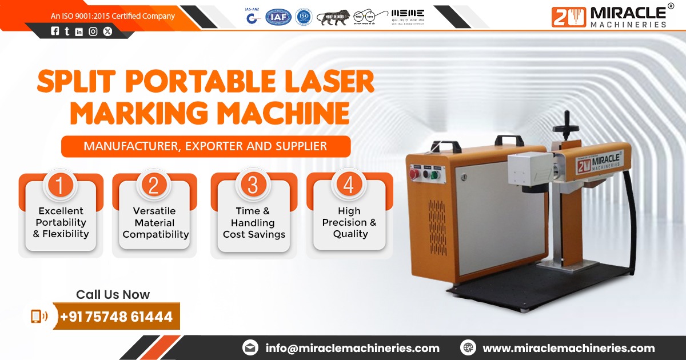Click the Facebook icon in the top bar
(55, 32)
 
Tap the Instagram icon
(93, 32)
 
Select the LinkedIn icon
(79, 32)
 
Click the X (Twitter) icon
(107, 32)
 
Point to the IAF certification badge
(278, 17)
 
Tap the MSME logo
(408, 17)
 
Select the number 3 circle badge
(253, 185)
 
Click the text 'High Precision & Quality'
(349, 222)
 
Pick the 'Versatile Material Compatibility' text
(155, 222)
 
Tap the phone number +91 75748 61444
(116, 316)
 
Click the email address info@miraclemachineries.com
(352, 348)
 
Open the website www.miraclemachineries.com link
(568, 348)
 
